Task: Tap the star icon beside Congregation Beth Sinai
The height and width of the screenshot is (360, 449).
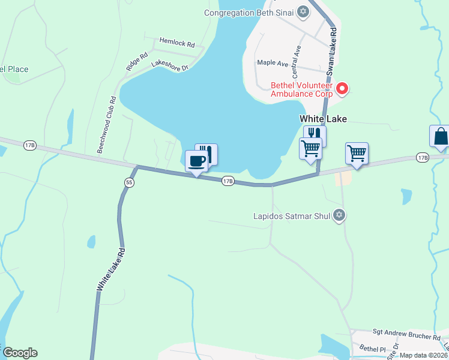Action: [303, 12]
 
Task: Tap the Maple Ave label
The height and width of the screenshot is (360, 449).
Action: [273, 62]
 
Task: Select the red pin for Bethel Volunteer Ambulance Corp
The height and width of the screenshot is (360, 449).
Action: [342, 88]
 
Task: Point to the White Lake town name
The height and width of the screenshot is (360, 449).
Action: [324, 119]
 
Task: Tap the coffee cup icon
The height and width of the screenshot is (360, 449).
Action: [197, 161]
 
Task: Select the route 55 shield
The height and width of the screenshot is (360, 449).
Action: [129, 182]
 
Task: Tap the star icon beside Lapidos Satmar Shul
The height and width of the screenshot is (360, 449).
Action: [339, 215]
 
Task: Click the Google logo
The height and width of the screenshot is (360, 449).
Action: [20, 353]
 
